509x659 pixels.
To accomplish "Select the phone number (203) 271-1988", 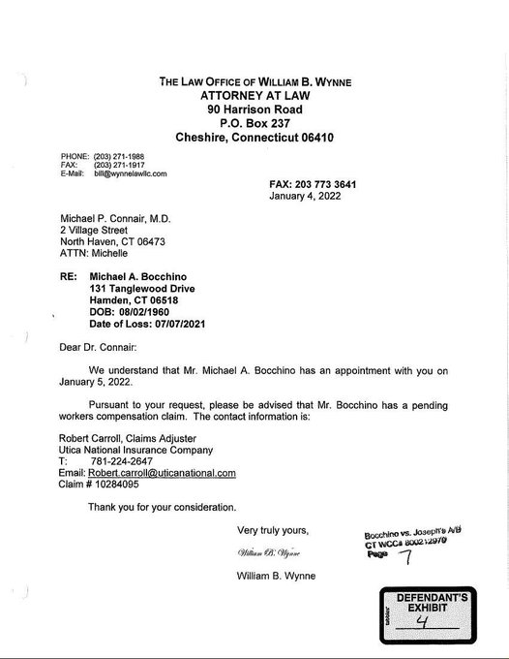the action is click(123, 156).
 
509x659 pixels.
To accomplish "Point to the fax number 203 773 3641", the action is click(329, 183).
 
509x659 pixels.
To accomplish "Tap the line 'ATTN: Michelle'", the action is click(94, 254).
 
